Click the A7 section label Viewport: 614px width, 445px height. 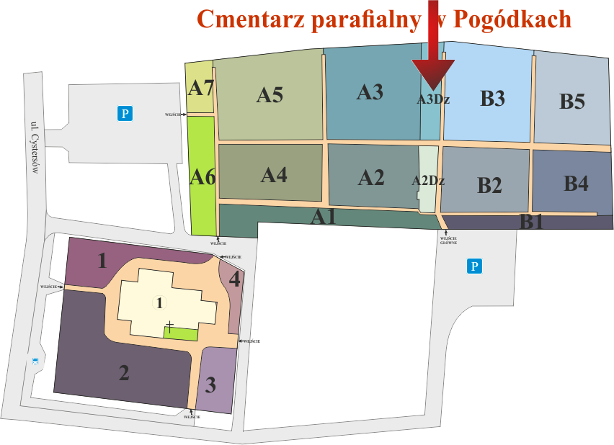(201, 89)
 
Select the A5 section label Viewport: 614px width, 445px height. (270, 94)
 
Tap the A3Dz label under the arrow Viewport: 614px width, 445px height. (432, 100)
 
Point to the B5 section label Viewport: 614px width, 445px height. (572, 102)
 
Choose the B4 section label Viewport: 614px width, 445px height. (575, 184)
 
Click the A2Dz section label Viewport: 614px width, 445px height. (428, 181)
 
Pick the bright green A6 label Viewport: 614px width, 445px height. (203, 176)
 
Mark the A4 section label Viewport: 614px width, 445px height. (274, 174)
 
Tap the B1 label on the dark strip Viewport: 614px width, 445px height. (532, 222)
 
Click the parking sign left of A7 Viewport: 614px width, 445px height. (125, 112)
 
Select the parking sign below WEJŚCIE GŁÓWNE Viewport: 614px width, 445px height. (473, 266)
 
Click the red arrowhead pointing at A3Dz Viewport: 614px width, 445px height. (433, 75)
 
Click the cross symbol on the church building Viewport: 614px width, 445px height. (169, 325)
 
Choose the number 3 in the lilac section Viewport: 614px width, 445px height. (210, 385)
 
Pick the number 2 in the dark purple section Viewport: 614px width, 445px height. (124, 373)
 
